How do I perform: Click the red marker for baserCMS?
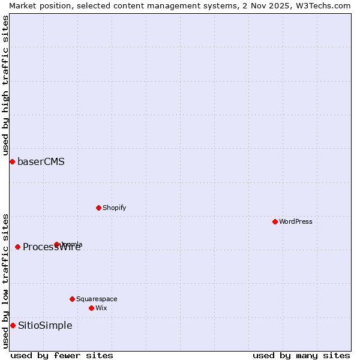(12, 161)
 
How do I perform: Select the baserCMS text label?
(41, 162)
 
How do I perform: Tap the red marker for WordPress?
(275, 221)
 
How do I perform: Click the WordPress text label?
(296, 222)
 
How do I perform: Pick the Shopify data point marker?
(98, 208)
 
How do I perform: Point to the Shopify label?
(114, 208)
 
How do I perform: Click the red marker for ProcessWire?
(17, 247)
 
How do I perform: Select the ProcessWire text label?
(52, 247)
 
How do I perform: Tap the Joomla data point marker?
(57, 244)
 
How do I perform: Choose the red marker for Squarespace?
(72, 299)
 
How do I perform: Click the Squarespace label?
(97, 299)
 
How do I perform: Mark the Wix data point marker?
(91, 308)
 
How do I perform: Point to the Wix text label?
(101, 308)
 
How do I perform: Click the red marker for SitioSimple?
(13, 325)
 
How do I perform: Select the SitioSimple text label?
(45, 326)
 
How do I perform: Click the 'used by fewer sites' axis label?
(62, 355)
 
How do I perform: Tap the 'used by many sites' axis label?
(301, 355)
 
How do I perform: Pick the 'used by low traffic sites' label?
(5, 281)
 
